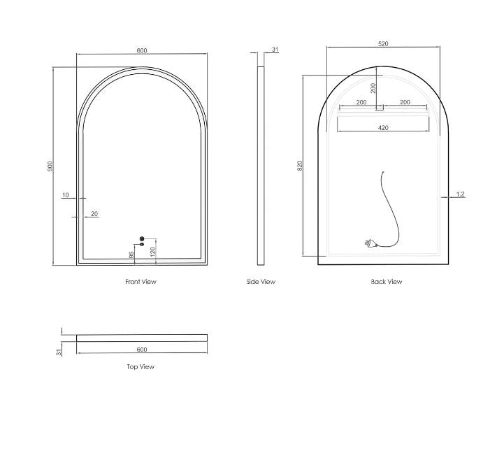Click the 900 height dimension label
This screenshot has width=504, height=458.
click(x=50, y=166)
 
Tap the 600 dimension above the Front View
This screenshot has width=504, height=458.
click(x=142, y=50)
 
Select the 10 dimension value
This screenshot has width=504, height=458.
click(x=65, y=195)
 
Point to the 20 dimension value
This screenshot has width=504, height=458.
click(x=94, y=213)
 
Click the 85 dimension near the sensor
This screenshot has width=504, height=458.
click(x=131, y=255)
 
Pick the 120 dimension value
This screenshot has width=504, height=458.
click(x=153, y=251)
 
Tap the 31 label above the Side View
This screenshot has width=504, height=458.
click(x=275, y=50)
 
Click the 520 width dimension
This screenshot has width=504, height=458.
click(x=383, y=44)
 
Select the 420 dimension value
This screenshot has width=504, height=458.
click(x=383, y=128)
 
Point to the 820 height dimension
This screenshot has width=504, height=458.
click(x=300, y=165)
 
